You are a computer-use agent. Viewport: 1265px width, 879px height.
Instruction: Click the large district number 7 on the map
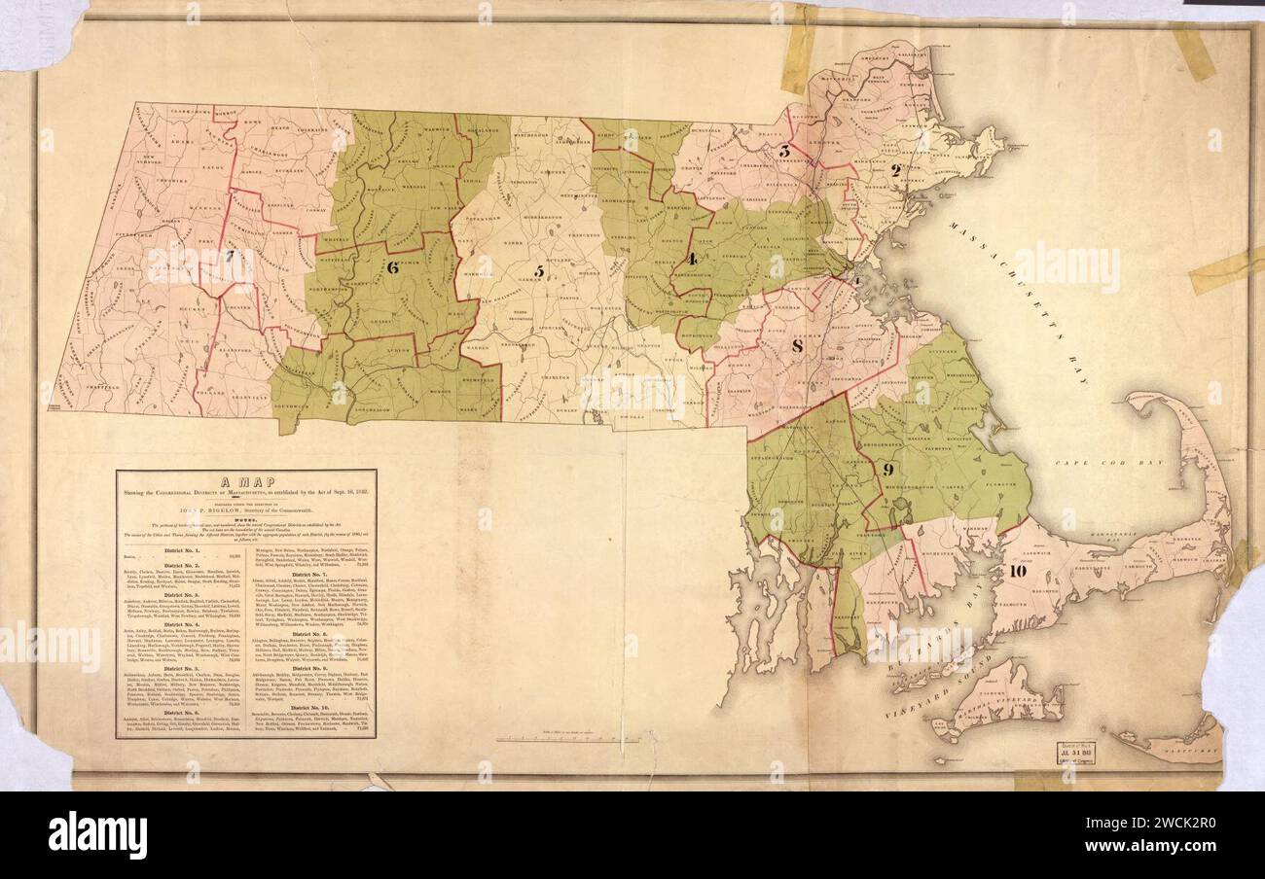click(x=231, y=257)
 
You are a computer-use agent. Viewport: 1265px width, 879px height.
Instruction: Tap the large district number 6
click(x=393, y=268)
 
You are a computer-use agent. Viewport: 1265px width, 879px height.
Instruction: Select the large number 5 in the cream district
click(x=538, y=271)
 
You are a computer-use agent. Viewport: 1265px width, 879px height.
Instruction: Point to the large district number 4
click(x=692, y=259)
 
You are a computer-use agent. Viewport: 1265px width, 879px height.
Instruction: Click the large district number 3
click(x=784, y=151)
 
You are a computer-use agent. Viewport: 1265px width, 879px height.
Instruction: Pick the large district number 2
click(x=896, y=170)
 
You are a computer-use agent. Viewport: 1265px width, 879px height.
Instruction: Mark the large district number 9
click(x=887, y=469)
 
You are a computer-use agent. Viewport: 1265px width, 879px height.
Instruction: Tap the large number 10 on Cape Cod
click(x=1018, y=571)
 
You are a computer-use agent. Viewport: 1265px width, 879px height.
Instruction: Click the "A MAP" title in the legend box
click(x=246, y=482)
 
